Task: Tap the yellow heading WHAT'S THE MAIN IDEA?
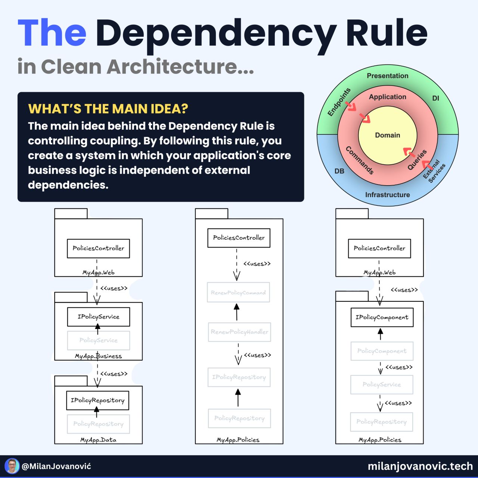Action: tap(108, 109)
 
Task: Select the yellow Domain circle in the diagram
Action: tap(387, 135)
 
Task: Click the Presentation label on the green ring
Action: tap(387, 76)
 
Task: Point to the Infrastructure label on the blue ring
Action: tap(387, 195)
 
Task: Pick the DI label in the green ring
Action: tap(435, 98)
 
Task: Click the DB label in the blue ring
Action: tap(339, 171)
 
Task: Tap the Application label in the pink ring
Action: tap(387, 97)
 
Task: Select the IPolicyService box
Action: tap(98, 317)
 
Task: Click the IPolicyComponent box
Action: tap(382, 317)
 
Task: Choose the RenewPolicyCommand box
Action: tap(238, 293)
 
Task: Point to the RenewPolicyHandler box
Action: tap(239, 332)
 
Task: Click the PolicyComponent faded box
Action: tap(382, 351)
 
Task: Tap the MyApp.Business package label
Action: tap(98, 356)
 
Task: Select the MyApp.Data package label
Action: tap(98, 440)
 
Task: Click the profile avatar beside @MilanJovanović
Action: tap(12, 466)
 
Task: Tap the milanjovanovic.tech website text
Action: tap(420, 466)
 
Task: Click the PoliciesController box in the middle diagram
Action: tap(239, 238)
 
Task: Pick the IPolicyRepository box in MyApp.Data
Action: tap(97, 400)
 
